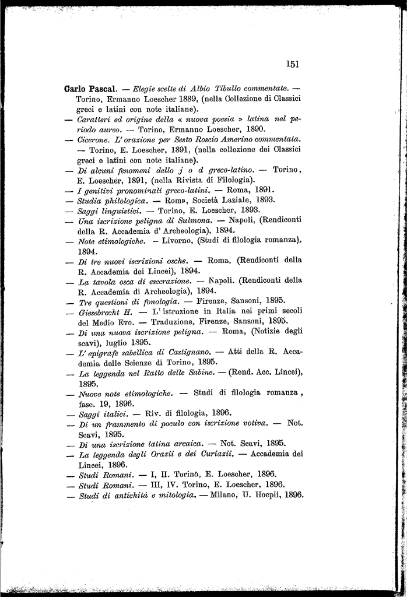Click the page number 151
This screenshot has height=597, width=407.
[x=293, y=64]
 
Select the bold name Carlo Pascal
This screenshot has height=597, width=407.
[x=90, y=90]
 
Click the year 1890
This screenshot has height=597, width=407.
[x=254, y=128]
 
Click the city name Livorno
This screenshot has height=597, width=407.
[x=174, y=240]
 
